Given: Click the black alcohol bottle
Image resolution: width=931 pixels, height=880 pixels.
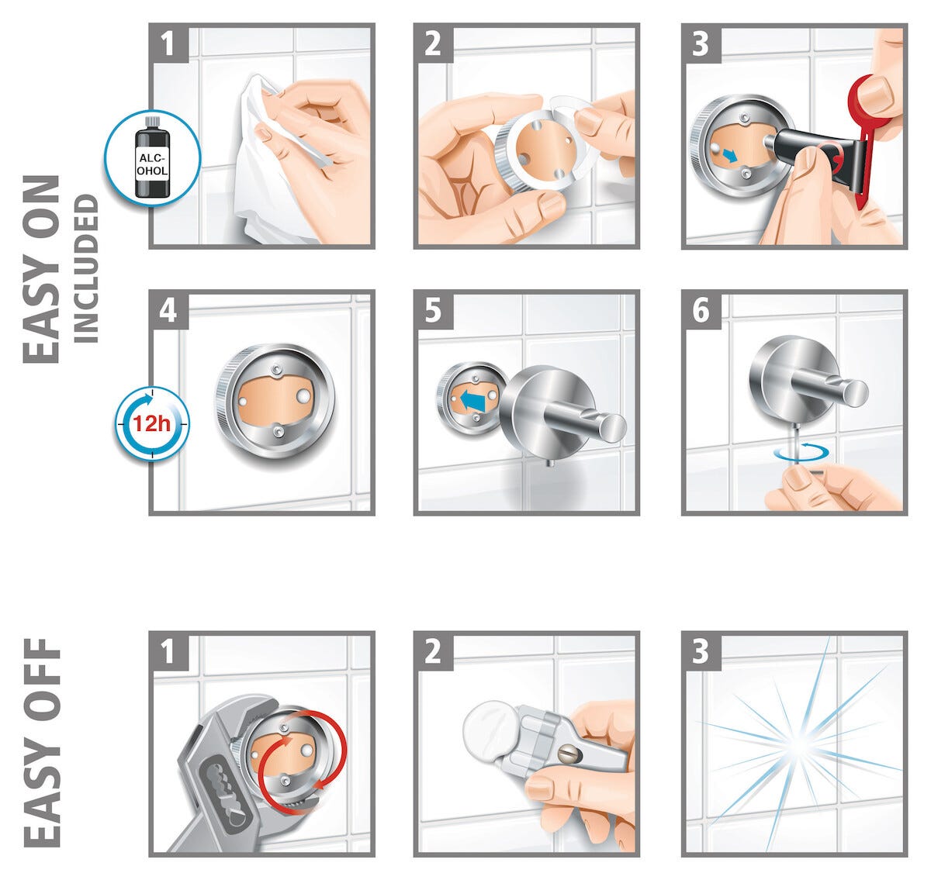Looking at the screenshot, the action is coord(153,157).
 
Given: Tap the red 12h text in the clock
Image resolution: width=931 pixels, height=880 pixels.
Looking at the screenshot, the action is coord(151,423).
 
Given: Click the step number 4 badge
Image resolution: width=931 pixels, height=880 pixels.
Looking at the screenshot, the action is coord(168,311).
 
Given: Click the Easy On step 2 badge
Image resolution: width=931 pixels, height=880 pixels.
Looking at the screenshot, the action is coord(433,43).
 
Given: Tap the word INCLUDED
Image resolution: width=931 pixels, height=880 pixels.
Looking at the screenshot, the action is coord(86,269).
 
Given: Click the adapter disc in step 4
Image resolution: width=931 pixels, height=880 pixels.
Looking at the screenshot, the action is coord(275,402).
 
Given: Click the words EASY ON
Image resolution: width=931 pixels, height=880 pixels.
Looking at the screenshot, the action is coord(42,269).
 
